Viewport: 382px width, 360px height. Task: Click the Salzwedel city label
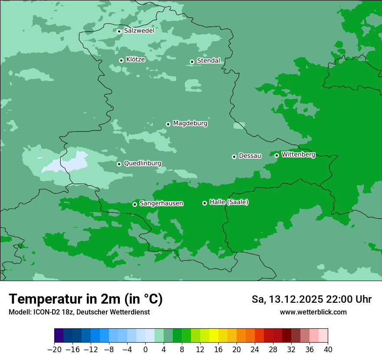(x=139, y=31)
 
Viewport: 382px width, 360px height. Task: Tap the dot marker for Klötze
(x=121, y=60)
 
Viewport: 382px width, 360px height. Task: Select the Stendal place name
(x=208, y=61)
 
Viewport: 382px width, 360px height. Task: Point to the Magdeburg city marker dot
(x=168, y=124)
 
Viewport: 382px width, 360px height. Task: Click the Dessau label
(x=250, y=156)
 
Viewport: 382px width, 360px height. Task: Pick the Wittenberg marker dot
(x=277, y=155)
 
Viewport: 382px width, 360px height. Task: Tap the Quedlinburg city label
(x=142, y=164)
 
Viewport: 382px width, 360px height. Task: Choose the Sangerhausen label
(x=161, y=203)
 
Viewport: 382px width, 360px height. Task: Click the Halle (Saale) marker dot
(x=204, y=203)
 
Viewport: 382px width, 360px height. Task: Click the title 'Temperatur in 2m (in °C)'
(x=86, y=299)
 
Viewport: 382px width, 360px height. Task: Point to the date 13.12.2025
(x=295, y=299)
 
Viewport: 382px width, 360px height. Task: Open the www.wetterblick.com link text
(x=313, y=312)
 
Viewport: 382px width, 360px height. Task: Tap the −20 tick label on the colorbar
(x=54, y=350)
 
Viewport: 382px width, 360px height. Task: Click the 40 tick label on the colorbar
(x=328, y=350)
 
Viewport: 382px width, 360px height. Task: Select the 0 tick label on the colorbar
(x=145, y=350)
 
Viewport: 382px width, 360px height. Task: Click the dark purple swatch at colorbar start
(x=59, y=336)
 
